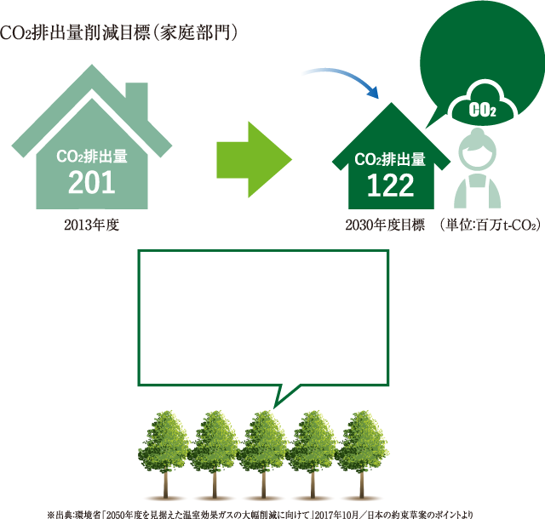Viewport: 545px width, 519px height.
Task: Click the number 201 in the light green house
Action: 91,182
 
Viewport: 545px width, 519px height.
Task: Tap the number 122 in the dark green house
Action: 390,184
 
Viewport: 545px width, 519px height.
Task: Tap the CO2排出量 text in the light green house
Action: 91,156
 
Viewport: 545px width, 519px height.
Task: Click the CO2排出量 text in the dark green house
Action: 390,159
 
